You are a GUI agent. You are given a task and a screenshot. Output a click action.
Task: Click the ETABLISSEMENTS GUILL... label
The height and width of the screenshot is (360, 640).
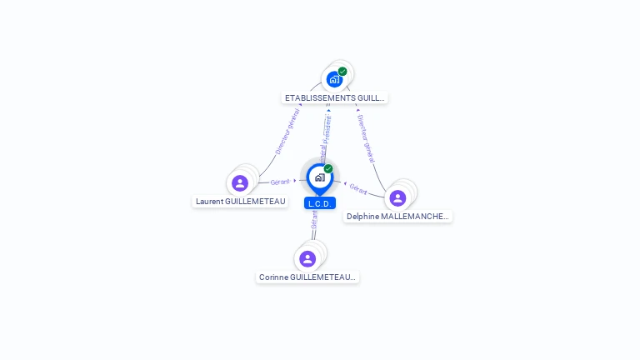tap(335, 97)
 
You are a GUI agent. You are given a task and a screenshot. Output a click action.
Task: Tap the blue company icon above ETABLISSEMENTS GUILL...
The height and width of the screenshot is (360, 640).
tap(334, 80)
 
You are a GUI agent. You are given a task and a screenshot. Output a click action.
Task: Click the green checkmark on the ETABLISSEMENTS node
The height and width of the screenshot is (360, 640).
tap(342, 72)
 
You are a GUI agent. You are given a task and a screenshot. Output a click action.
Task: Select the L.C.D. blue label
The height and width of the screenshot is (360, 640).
tap(320, 203)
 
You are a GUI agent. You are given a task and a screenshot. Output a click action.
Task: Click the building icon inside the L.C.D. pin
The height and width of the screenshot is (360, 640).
tap(320, 177)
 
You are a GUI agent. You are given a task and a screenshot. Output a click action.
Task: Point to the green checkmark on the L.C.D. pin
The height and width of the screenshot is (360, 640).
tap(328, 169)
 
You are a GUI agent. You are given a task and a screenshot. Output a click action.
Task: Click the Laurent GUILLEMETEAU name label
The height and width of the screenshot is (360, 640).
tap(241, 201)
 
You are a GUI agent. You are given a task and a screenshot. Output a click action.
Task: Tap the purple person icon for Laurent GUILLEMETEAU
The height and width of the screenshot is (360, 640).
tap(240, 182)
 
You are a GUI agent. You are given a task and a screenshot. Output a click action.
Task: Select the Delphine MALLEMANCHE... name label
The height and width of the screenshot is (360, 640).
tap(397, 216)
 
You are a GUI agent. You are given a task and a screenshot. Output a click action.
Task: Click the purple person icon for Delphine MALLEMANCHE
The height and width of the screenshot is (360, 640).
tap(397, 197)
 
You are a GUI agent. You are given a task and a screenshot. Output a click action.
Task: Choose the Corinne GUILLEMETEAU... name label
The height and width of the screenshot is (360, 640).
tap(307, 277)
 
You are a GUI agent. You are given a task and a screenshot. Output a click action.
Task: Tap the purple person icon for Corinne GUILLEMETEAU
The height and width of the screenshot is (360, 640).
tap(307, 258)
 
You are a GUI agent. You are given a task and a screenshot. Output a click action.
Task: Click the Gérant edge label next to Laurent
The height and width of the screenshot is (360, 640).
tap(279, 182)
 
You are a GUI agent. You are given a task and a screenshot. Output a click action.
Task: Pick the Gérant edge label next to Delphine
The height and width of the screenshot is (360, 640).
tap(358, 188)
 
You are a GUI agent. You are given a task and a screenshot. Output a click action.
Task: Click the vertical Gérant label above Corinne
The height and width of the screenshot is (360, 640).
tap(314, 219)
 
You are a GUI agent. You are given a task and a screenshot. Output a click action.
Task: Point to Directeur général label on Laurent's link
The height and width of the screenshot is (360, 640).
tap(287, 132)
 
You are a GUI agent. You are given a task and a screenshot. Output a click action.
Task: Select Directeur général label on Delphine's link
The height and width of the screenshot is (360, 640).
tap(366, 138)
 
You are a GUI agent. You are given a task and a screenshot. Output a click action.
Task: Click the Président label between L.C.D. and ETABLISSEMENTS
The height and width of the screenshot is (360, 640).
tap(327, 132)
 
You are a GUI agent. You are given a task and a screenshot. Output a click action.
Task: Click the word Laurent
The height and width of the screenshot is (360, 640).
tap(209, 201)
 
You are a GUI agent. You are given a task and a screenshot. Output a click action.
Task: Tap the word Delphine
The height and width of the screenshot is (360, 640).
tap(363, 216)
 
